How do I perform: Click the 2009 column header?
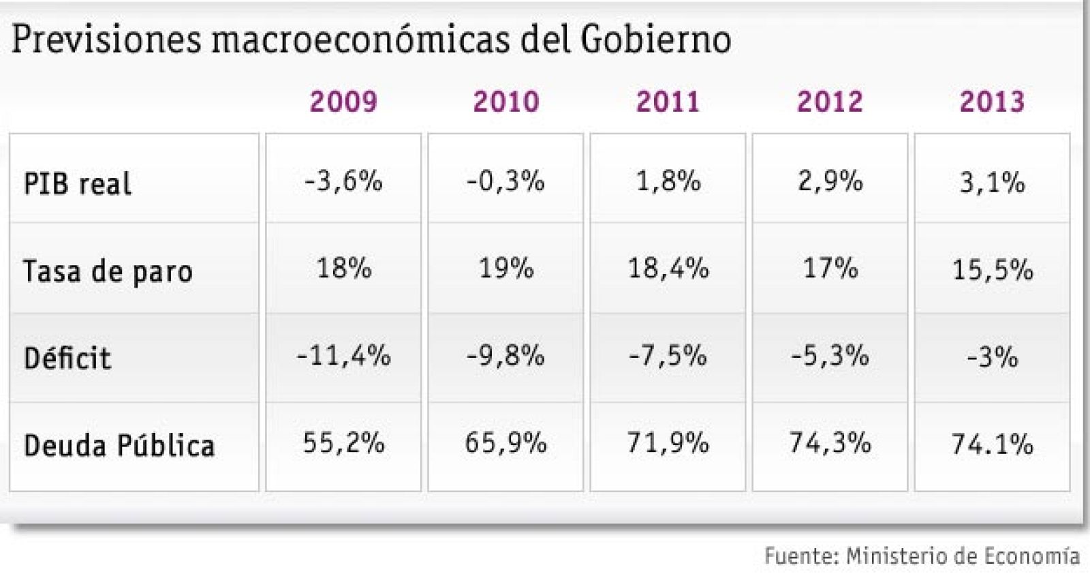click(343, 102)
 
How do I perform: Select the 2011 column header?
click(668, 102)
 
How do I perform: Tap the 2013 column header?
click(992, 102)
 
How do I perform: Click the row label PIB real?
click(77, 184)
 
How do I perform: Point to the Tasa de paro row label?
click(108, 271)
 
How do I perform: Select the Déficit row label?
click(67, 358)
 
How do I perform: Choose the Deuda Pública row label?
click(119, 446)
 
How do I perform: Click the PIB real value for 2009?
click(343, 181)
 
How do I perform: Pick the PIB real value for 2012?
click(830, 181)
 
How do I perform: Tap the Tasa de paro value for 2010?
click(505, 269)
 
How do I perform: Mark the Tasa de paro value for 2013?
click(992, 270)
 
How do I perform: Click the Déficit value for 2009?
click(343, 356)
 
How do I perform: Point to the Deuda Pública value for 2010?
click(505, 443)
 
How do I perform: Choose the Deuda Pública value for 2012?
click(830, 443)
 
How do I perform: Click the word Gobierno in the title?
click(655, 40)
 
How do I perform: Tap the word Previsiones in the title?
click(106, 40)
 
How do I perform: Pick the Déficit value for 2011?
click(668, 356)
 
